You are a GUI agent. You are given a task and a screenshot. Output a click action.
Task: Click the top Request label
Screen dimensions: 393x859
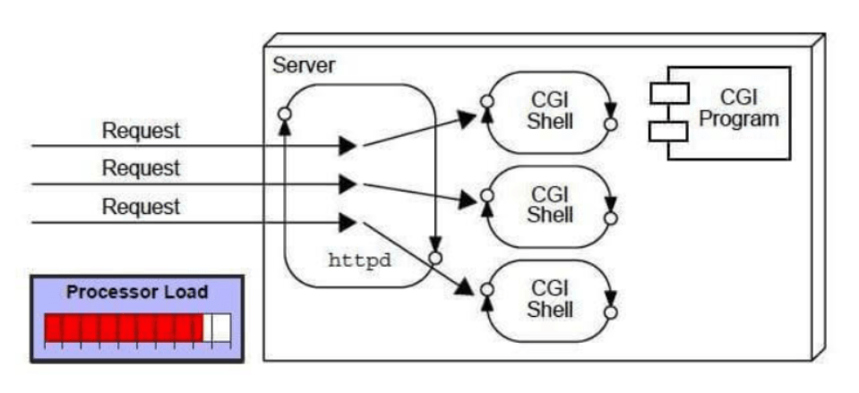coord(141,131)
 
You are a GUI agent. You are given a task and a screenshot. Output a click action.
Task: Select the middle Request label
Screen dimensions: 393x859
coord(141,168)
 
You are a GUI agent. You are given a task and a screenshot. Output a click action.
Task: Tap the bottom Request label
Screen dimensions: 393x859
coord(141,207)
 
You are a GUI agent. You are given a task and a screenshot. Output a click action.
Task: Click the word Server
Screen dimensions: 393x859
coord(305,65)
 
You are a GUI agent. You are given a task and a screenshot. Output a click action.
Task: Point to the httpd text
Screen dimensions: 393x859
coord(362,263)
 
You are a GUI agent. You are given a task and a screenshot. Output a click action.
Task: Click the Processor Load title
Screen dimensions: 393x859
coord(137,292)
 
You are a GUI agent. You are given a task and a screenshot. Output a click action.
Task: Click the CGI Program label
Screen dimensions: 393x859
coord(739,107)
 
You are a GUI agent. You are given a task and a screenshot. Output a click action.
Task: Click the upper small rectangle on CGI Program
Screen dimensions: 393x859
coord(668,91)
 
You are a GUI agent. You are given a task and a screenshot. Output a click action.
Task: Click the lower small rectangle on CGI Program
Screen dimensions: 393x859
coord(668,131)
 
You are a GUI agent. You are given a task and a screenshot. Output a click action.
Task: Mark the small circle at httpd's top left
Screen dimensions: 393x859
coord(284,115)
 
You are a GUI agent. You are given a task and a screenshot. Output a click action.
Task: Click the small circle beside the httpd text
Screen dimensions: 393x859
coord(435,258)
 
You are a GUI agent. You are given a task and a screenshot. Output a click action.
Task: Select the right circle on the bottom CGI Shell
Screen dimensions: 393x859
coord(611,313)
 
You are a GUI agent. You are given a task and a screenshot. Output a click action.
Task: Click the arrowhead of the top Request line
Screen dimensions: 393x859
coord(348,145)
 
